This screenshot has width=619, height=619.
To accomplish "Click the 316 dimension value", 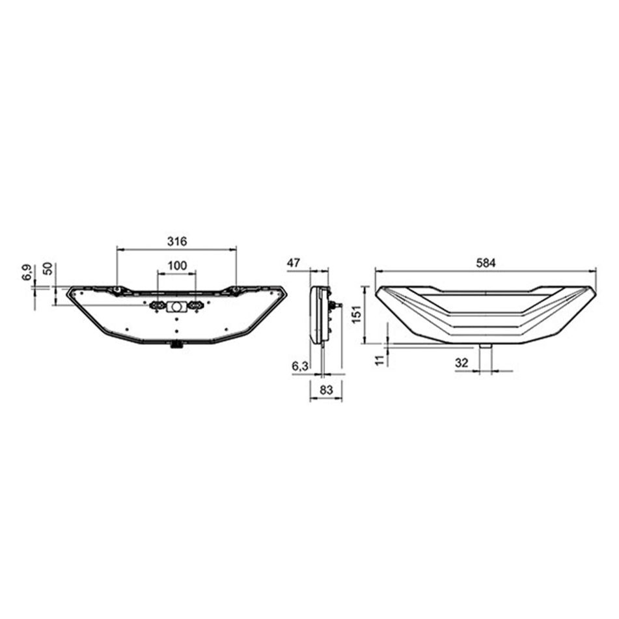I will (x=176, y=241).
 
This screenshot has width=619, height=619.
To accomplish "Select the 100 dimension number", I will (x=176, y=266).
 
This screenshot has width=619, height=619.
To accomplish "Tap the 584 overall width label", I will (x=486, y=263).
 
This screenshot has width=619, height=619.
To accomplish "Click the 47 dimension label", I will (x=293, y=263).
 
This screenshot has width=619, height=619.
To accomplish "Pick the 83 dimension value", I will (x=325, y=391).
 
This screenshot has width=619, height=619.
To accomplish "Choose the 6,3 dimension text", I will (x=300, y=367).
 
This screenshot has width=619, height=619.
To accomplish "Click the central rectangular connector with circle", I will (x=176, y=307).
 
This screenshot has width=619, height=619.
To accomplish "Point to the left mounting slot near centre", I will (x=157, y=305).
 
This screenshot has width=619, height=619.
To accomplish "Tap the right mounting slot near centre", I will (x=194, y=305).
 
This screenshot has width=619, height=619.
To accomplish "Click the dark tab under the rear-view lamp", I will (x=176, y=345).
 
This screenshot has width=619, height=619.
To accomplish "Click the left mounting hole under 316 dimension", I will (x=117, y=289).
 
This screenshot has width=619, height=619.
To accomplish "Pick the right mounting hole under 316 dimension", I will (x=236, y=289).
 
